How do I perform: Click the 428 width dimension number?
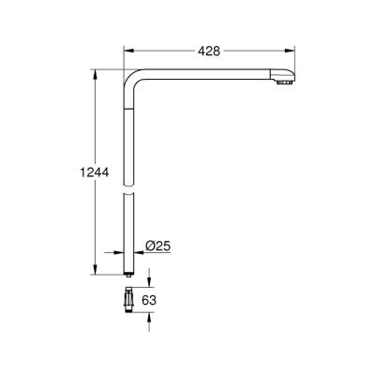(x=209, y=51)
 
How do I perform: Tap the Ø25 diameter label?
(x=157, y=247)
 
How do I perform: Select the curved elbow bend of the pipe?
(x=133, y=79)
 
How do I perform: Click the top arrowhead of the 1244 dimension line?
(x=94, y=71)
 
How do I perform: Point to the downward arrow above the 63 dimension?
(x=152, y=284)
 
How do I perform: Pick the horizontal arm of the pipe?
(x=206, y=75)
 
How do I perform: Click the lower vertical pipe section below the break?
(x=128, y=234)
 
